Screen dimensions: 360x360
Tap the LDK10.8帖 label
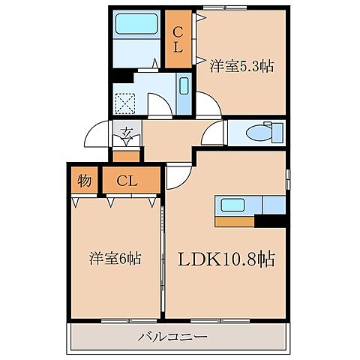click(x=225, y=259)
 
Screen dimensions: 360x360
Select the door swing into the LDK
click(x=178, y=177)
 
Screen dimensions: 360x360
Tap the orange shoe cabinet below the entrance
click(x=126, y=156)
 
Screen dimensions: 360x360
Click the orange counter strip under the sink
click(x=235, y=221)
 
